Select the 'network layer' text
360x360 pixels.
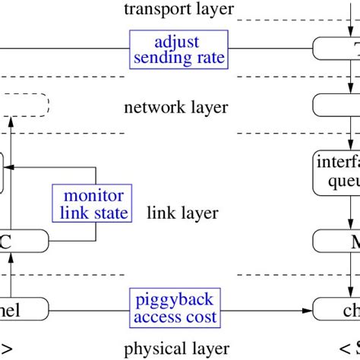click(175, 107)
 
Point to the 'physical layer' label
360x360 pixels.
click(175, 349)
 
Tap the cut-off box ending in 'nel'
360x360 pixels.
click(24, 329)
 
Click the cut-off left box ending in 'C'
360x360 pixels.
click(24, 242)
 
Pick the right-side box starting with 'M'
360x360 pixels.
click(336, 242)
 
